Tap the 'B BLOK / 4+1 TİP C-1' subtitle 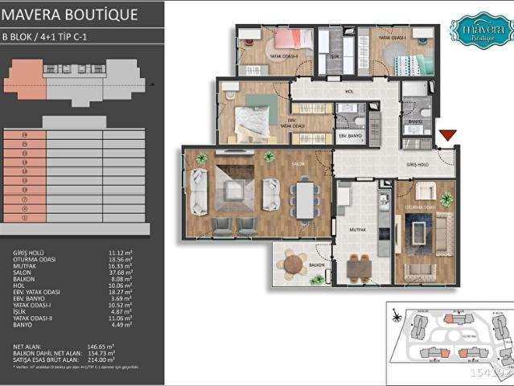tap(51, 37)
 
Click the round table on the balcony tap(295, 263)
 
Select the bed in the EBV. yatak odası tap(257, 121)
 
